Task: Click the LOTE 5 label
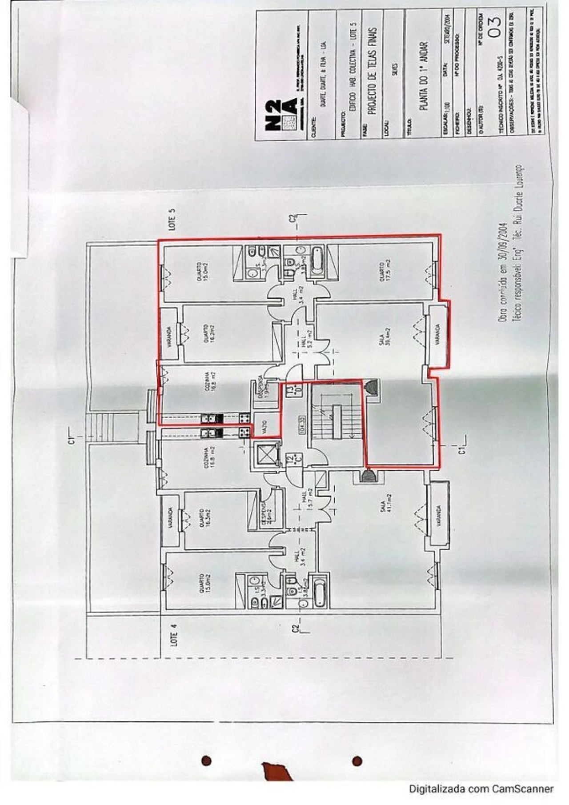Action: pyautogui.click(x=172, y=219)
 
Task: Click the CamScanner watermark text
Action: pyautogui.click(x=481, y=789)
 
